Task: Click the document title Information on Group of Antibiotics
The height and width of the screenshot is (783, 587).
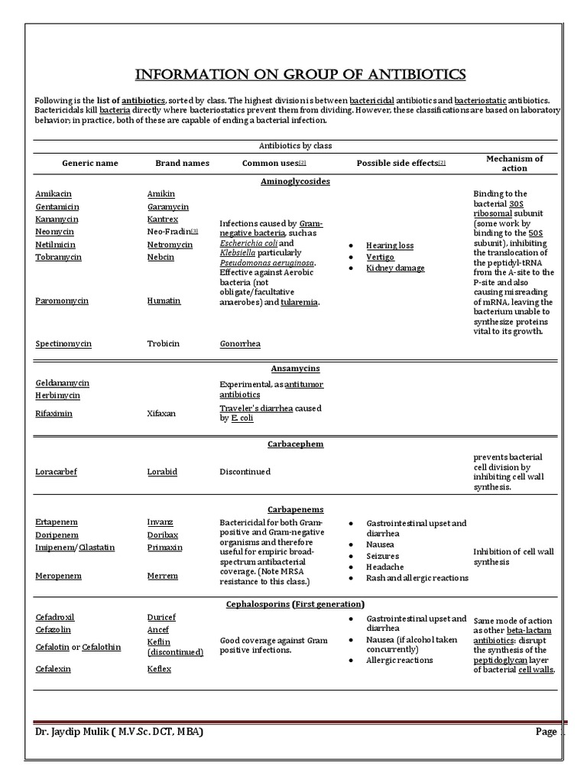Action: tap(300, 74)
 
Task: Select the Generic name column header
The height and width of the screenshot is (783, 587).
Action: tap(90, 164)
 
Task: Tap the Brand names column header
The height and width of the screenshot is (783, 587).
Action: tap(182, 164)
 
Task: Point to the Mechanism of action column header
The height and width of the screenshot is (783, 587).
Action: tap(514, 163)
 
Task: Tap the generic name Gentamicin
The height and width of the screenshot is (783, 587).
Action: tap(57, 207)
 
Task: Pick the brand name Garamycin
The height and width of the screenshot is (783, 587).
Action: tap(167, 207)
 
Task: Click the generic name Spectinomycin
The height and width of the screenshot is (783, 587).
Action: tap(63, 344)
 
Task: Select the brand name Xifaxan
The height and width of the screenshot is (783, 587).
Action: tap(161, 413)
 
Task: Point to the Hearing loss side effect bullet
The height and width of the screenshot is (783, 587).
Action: tap(389, 245)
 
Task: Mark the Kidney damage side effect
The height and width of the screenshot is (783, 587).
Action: tap(395, 268)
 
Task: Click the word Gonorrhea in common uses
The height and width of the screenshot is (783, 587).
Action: tap(240, 344)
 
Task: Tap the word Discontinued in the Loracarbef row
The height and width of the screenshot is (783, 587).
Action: tap(245, 472)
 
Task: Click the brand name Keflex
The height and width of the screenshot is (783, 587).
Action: tap(159, 669)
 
